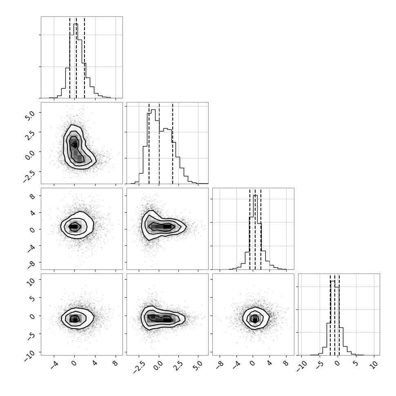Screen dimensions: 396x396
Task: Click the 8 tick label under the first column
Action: click(116, 363)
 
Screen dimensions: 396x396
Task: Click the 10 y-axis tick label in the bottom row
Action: click(31, 282)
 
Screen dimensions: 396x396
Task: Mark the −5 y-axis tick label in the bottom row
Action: click(31, 336)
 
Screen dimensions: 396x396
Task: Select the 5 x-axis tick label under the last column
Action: click(355, 363)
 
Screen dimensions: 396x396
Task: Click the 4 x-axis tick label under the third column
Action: click(269, 363)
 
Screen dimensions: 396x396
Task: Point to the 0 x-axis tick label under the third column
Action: click(253, 363)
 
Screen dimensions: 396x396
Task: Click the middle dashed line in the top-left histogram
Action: click(76, 57)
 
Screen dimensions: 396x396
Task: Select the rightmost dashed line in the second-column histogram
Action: click(173, 143)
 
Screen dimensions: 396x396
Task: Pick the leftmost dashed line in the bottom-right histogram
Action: click(330, 314)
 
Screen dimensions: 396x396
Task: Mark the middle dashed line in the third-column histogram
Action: click(255, 229)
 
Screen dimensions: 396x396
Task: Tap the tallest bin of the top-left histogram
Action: click(76, 61)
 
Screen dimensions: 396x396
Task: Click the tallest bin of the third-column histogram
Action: click(255, 232)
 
